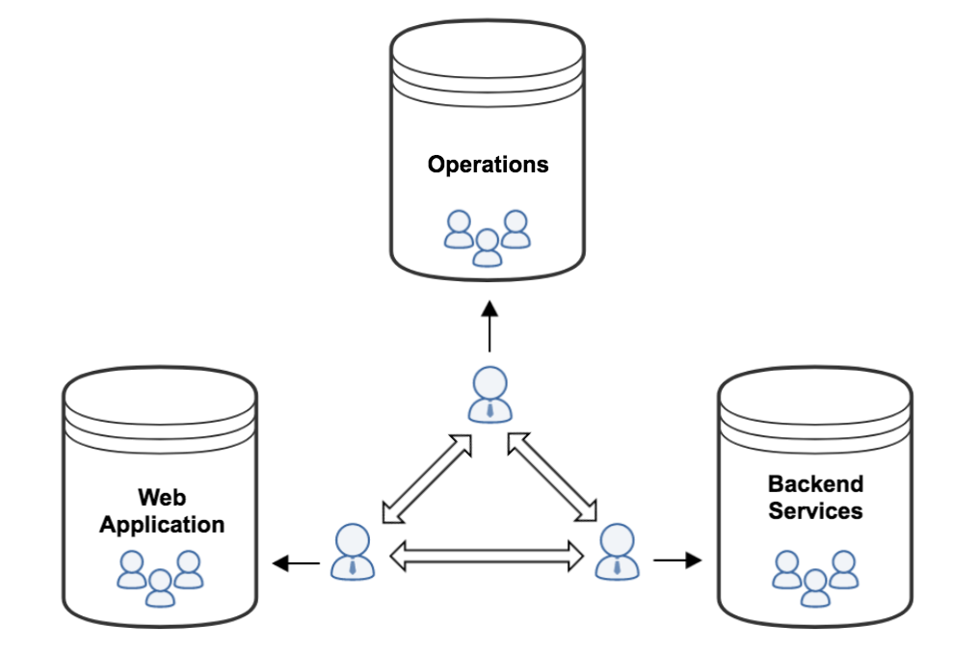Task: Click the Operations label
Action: click(x=488, y=165)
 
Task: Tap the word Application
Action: click(x=162, y=525)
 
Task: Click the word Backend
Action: click(x=815, y=483)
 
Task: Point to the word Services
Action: click(x=815, y=510)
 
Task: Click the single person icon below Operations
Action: click(x=489, y=393)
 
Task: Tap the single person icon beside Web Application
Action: click(x=353, y=551)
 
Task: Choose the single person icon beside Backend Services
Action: click(x=617, y=551)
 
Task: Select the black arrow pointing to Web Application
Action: click(x=296, y=563)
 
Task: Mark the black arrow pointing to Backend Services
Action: click(x=678, y=560)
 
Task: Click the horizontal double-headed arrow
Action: click(x=488, y=554)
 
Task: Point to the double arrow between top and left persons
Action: click(x=427, y=479)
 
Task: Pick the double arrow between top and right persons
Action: click(x=552, y=479)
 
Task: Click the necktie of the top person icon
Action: click(x=489, y=410)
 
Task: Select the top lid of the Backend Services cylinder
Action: click(x=815, y=389)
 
